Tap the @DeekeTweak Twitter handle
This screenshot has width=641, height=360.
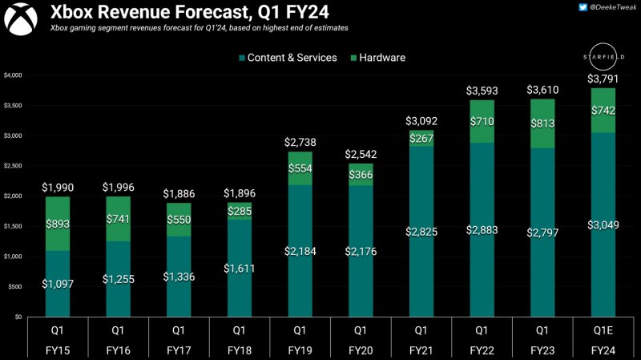pyautogui.click(x=614, y=8)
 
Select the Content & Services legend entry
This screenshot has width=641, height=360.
pyautogui.click(x=287, y=58)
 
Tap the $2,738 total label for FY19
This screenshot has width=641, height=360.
pyautogui.click(x=301, y=142)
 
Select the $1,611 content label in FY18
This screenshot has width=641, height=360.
pyautogui.click(x=240, y=268)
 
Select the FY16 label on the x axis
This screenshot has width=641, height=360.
pyautogui.click(x=117, y=350)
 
